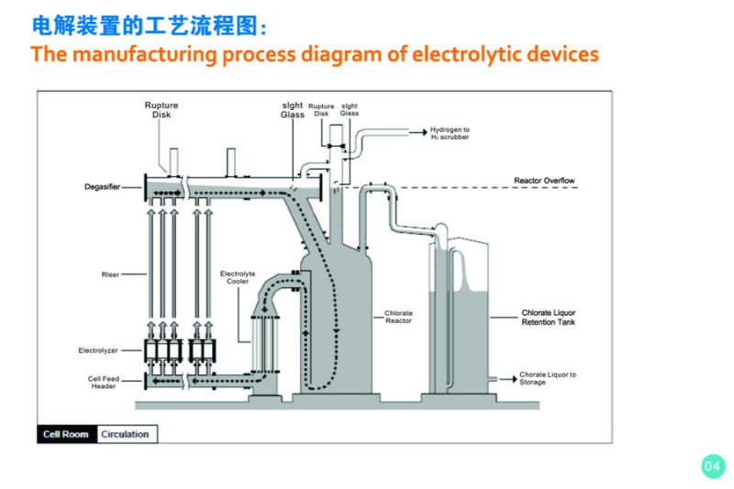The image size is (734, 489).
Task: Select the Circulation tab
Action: pyautogui.click(x=125, y=433)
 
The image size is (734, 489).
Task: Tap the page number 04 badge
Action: pyautogui.click(x=712, y=466)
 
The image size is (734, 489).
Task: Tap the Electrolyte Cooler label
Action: pyautogui.click(x=238, y=278)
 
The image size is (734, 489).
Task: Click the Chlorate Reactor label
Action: pyautogui.click(x=398, y=317)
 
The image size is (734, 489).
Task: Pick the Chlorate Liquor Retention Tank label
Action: pyautogui.click(x=548, y=317)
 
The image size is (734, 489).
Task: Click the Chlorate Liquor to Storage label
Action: pyautogui.click(x=548, y=378)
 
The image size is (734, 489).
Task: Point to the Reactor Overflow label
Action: pyautogui.click(x=545, y=181)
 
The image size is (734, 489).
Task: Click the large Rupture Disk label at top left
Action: pyautogui.click(x=161, y=110)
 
